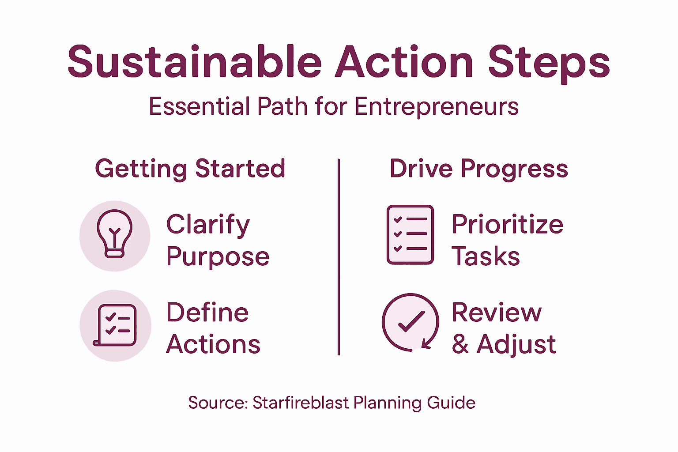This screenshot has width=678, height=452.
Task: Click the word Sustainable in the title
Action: click(194, 62)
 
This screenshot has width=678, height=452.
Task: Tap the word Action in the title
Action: click(404, 62)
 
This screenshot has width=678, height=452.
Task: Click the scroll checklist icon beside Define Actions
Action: click(115, 325)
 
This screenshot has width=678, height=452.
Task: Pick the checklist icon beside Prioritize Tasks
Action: click(410, 235)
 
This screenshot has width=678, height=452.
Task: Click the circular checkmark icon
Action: click(411, 322)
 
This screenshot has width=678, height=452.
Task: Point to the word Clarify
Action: click(208, 225)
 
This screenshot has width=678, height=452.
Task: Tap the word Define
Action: click(207, 313)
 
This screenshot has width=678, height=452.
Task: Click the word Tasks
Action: click(486, 256)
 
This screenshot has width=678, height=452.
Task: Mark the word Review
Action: click(497, 313)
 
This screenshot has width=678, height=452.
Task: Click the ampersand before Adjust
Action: click(460, 345)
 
